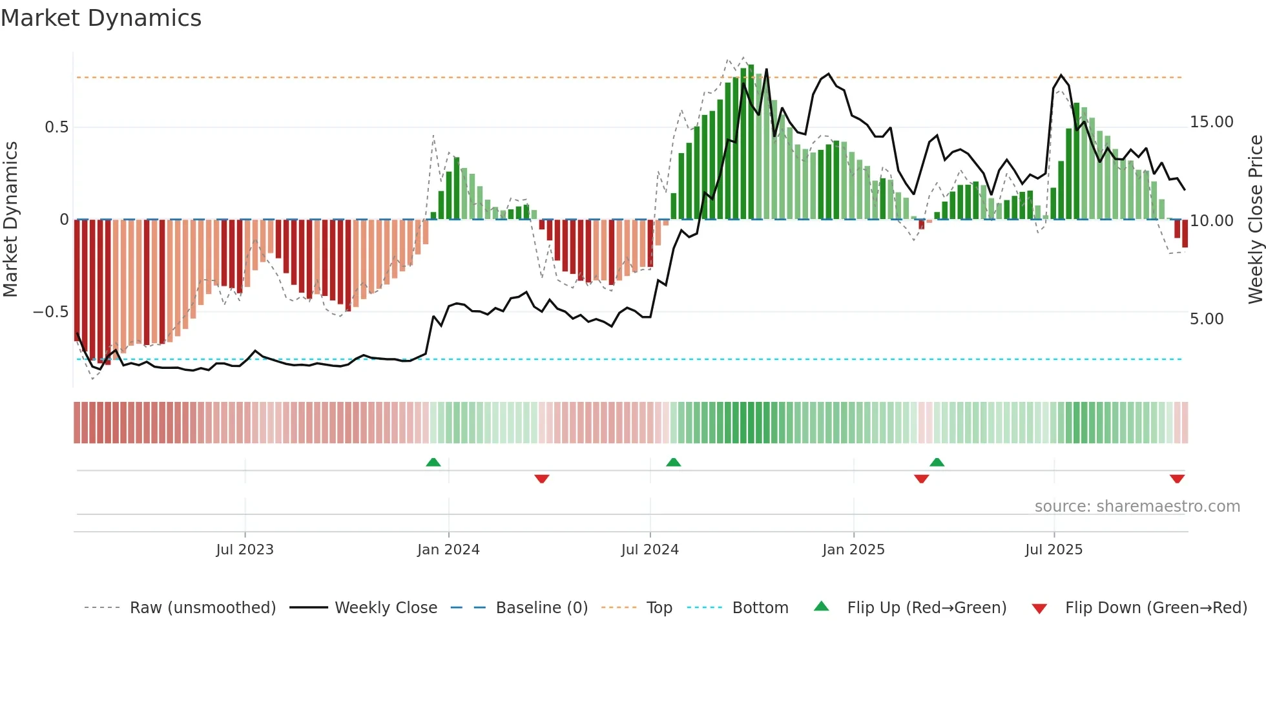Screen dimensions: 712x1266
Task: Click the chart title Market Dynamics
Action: (101, 18)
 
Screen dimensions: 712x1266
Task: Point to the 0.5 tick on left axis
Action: (56, 127)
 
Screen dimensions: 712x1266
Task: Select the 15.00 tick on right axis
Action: (1211, 122)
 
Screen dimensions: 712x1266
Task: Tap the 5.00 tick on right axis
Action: (1206, 319)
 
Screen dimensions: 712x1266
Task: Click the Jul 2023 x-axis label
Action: (245, 550)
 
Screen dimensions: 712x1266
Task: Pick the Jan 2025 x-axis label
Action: (853, 550)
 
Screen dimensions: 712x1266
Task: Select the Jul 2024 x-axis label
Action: (650, 550)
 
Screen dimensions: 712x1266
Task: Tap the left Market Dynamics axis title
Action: (10, 220)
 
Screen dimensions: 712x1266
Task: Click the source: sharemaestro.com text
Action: (1137, 507)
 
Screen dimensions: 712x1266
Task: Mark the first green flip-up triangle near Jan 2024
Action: (433, 463)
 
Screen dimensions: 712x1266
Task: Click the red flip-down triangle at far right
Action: (1177, 479)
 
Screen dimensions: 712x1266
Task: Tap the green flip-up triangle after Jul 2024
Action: (673, 463)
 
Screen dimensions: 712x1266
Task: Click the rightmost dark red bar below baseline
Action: (1185, 234)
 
